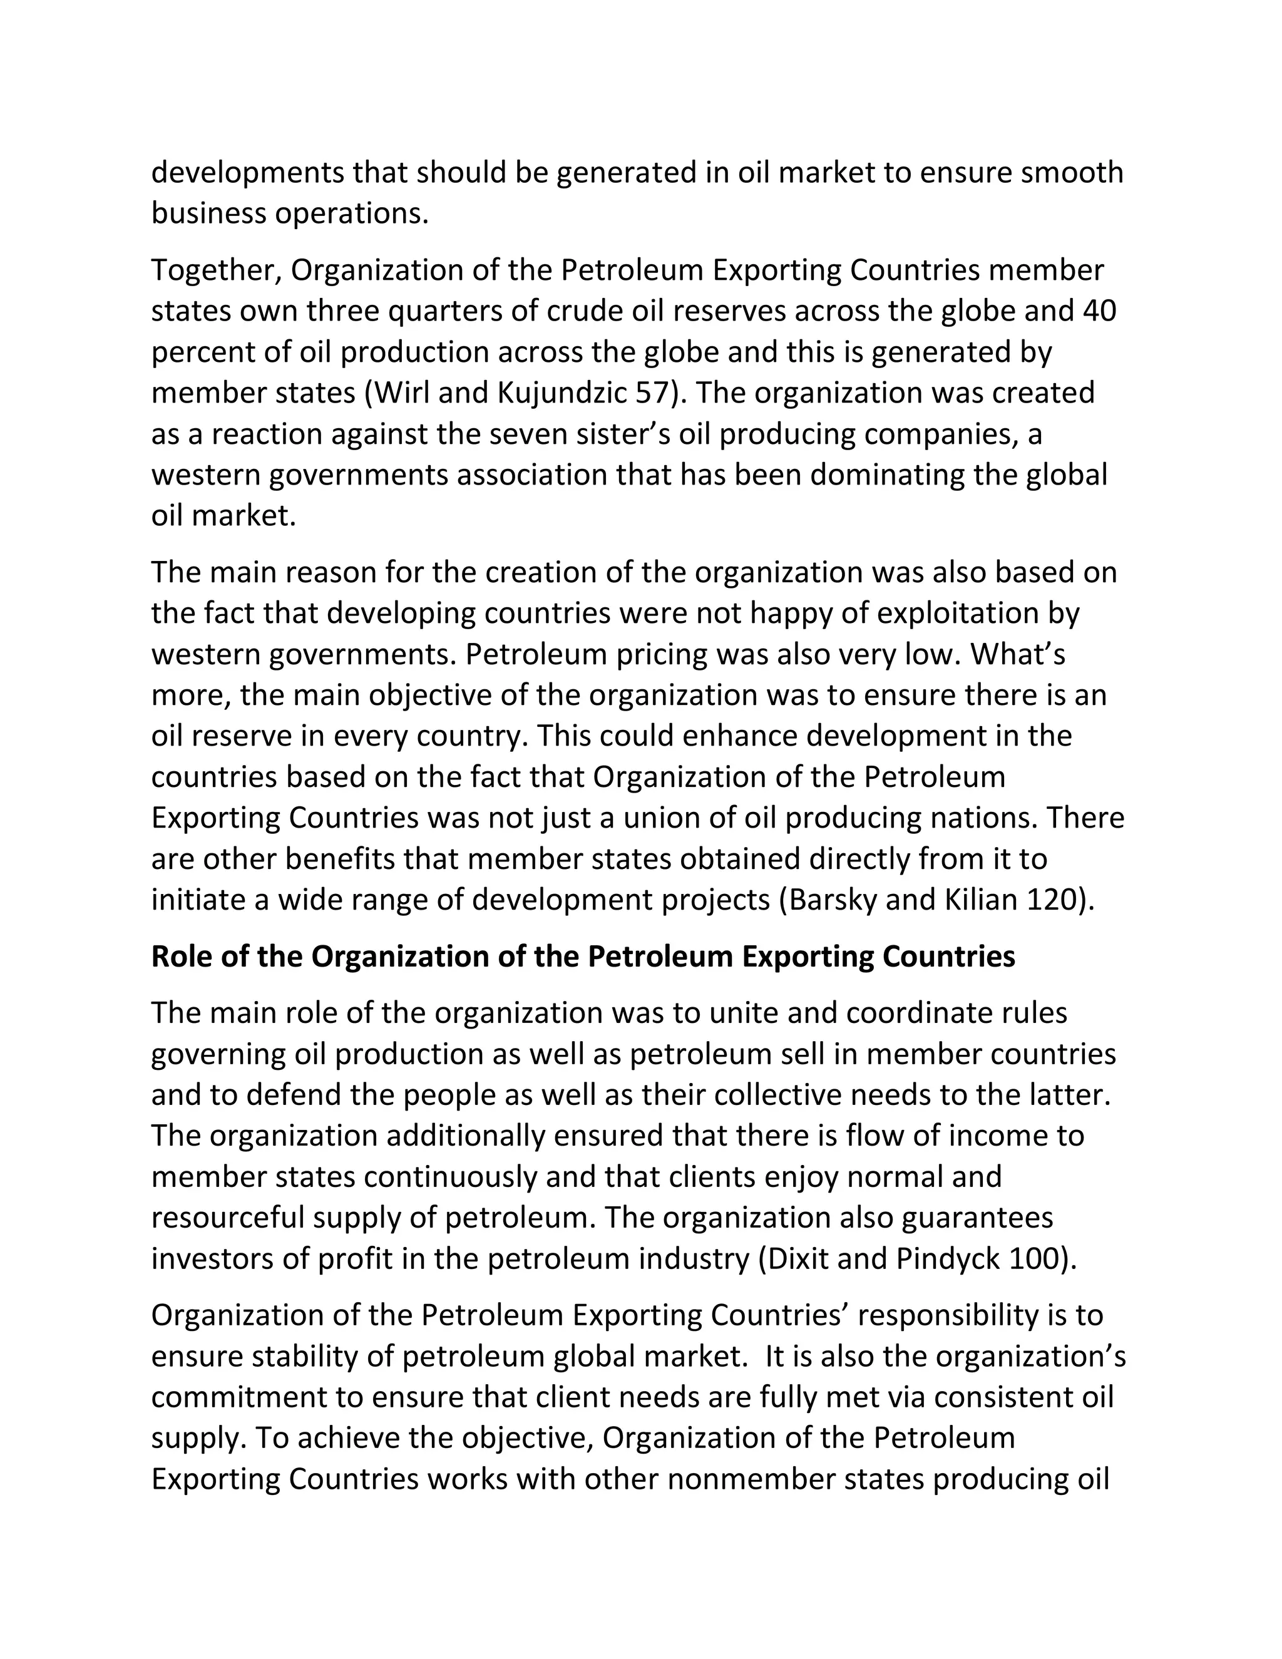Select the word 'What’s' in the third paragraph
click(x=1018, y=654)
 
